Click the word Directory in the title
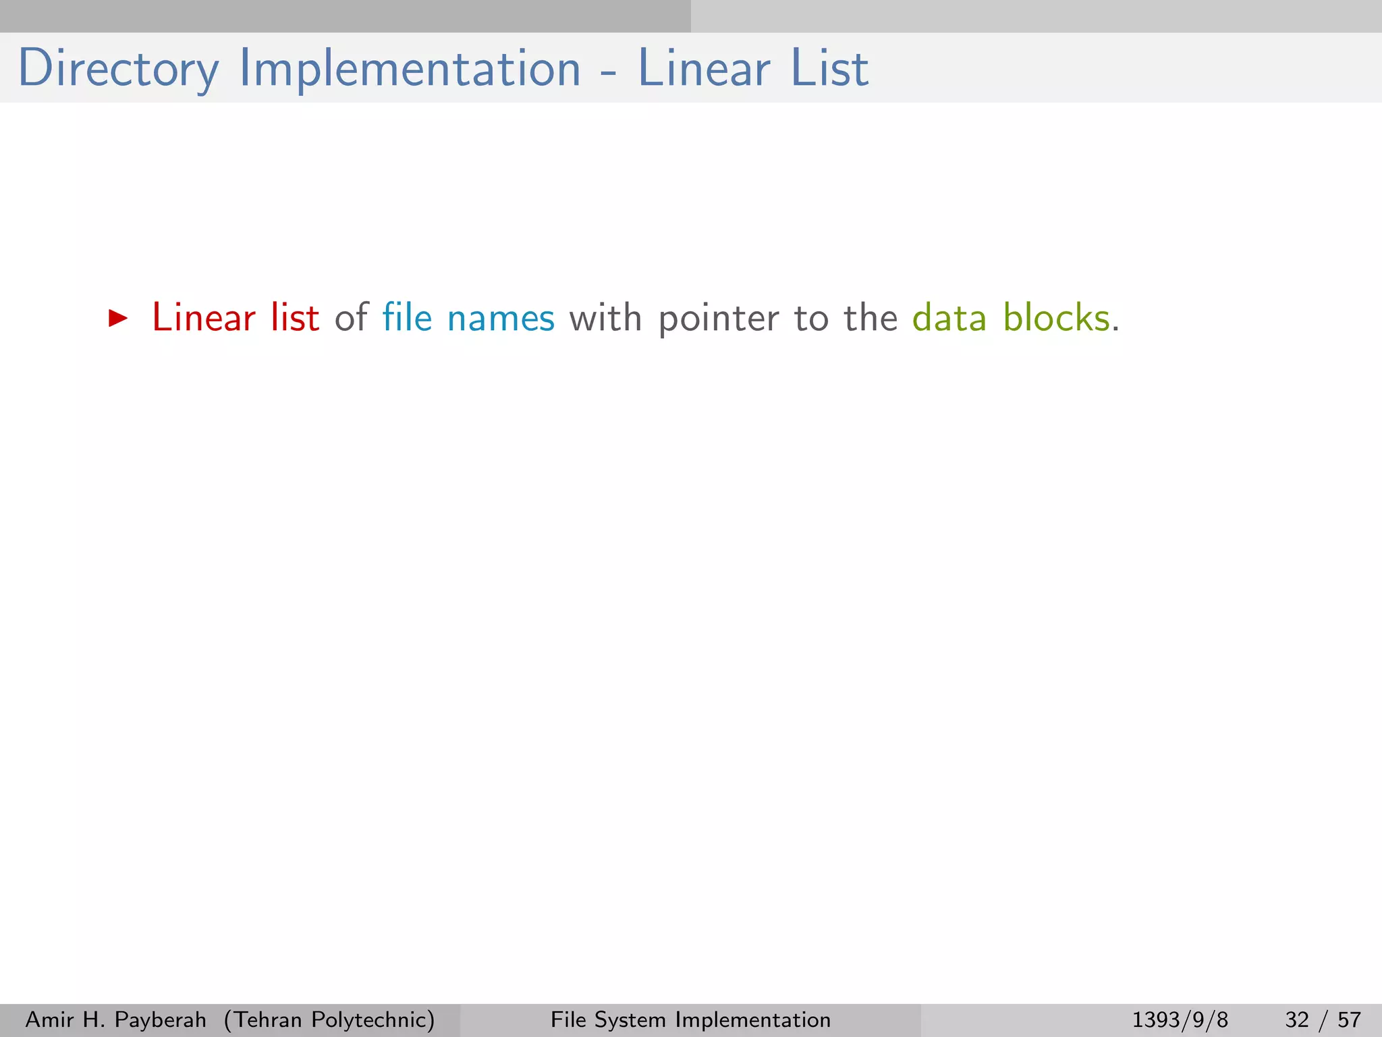tap(118, 69)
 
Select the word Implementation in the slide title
tap(410, 69)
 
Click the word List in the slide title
tap(829, 69)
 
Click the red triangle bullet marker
tap(118, 318)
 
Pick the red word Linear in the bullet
tap(204, 318)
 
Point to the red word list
tap(295, 318)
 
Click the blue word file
tap(407, 318)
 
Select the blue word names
tap(501, 318)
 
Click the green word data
tap(949, 318)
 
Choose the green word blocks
tap(1056, 318)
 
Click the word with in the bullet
tap(605, 318)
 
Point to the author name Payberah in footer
tap(161, 1019)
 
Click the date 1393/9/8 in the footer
tap(1180, 1019)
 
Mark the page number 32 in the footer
tap(1297, 1019)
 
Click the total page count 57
tap(1349, 1019)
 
